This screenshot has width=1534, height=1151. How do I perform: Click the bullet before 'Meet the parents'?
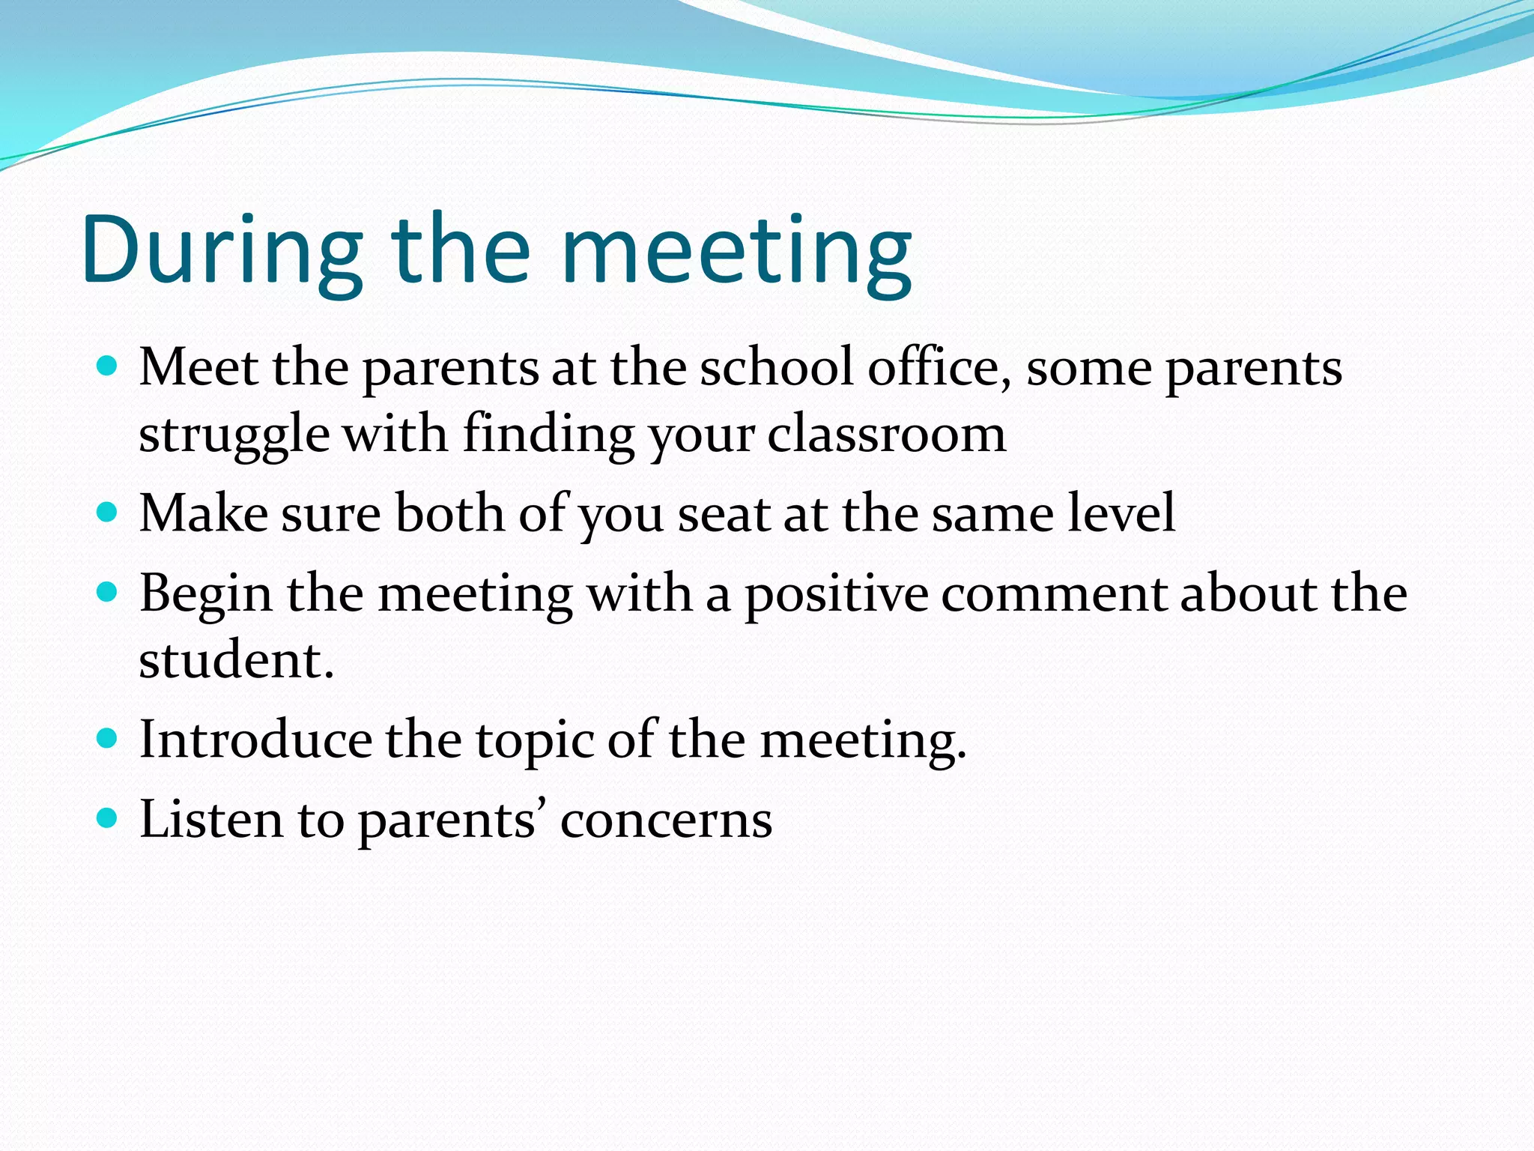(x=108, y=366)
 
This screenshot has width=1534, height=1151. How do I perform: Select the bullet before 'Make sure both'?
(x=108, y=513)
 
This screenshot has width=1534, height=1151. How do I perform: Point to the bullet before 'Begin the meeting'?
(x=108, y=593)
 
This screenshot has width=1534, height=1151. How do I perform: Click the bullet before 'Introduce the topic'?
(x=108, y=739)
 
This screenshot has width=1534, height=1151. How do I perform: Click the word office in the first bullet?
(x=939, y=368)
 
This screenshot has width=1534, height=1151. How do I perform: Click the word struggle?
(x=234, y=435)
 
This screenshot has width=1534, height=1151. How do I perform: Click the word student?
(x=235, y=660)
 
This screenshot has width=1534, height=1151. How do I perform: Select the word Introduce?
(x=255, y=740)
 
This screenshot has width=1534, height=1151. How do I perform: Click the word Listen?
(x=211, y=820)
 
